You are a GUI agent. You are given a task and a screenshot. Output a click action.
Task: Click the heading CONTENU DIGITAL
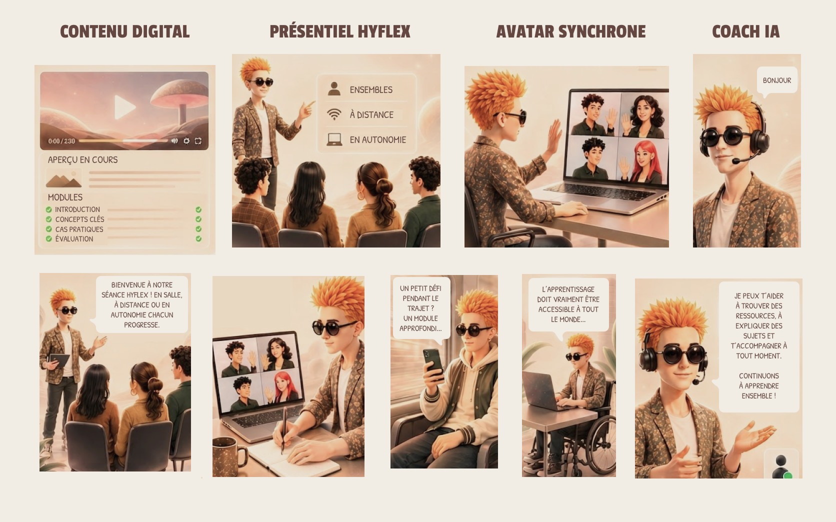point(124,31)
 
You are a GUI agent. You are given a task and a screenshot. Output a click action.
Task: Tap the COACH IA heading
point(745,31)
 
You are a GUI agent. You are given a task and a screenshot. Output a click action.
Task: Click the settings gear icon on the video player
point(186,140)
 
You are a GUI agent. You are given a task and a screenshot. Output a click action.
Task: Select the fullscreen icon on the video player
point(198,140)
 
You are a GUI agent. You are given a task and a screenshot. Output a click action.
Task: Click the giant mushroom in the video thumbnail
point(180,99)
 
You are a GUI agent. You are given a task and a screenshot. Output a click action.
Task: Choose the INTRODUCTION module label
point(77,209)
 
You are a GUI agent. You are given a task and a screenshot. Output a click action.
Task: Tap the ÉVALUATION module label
point(74,239)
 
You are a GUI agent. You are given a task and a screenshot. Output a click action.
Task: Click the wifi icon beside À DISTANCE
point(334,114)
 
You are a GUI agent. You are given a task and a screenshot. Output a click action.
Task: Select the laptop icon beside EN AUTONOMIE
point(334,139)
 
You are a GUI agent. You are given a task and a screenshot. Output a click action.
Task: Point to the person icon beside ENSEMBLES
point(334,89)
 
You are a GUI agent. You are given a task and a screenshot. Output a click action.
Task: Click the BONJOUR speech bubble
point(776,80)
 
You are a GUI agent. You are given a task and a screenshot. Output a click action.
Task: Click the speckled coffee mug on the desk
point(228,456)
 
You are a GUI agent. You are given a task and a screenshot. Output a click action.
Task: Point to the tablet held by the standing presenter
point(59,359)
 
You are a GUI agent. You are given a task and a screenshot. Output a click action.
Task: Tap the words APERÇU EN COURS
point(82,160)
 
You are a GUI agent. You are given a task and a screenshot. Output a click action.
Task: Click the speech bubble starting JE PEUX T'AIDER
point(758,346)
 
